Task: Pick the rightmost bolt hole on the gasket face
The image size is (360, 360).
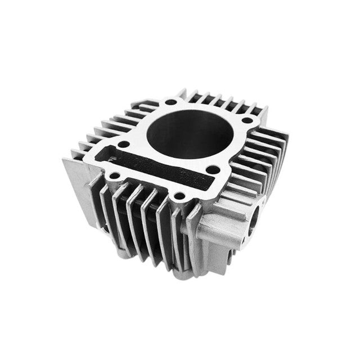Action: (247, 120)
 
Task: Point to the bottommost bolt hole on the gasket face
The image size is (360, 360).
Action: (179, 196)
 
